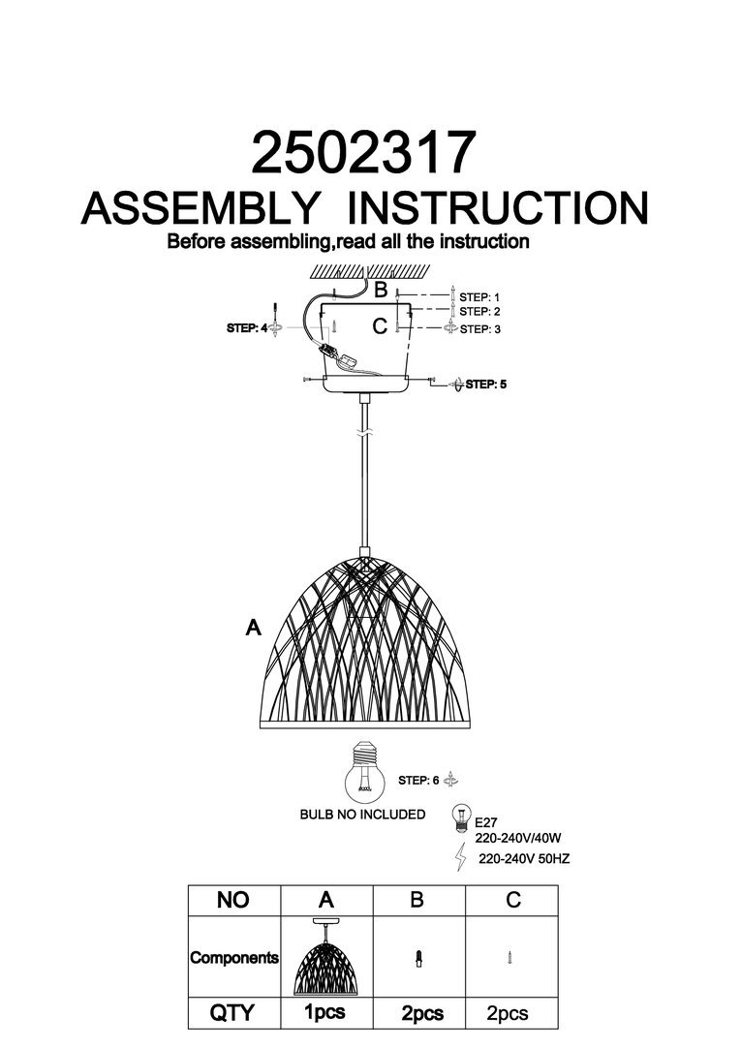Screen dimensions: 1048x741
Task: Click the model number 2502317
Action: pyautogui.click(x=363, y=153)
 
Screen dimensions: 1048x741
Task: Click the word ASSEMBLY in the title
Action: pyautogui.click(x=201, y=208)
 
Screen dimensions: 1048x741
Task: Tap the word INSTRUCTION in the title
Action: pyautogui.click(x=498, y=208)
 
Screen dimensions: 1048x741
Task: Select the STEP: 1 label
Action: pyautogui.click(x=480, y=296)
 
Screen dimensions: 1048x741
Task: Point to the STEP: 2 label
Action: pyautogui.click(x=480, y=312)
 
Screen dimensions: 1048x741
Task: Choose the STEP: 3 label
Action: pyautogui.click(x=480, y=329)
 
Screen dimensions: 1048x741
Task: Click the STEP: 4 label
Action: pyautogui.click(x=247, y=329)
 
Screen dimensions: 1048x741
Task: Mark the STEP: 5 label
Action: pyautogui.click(x=486, y=385)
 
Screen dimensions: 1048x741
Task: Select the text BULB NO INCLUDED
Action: pyautogui.click(x=362, y=815)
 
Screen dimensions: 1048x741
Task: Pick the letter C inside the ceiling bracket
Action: pyautogui.click(x=380, y=326)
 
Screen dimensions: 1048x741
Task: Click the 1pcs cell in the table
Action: pyautogui.click(x=325, y=1013)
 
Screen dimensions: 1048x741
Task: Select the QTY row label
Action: pyautogui.click(x=232, y=1013)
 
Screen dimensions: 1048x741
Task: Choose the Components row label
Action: pyautogui.click(x=233, y=958)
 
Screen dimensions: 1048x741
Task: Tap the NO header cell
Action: pyautogui.click(x=232, y=900)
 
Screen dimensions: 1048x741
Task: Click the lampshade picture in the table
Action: pyautogui.click(x=325, y=958)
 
